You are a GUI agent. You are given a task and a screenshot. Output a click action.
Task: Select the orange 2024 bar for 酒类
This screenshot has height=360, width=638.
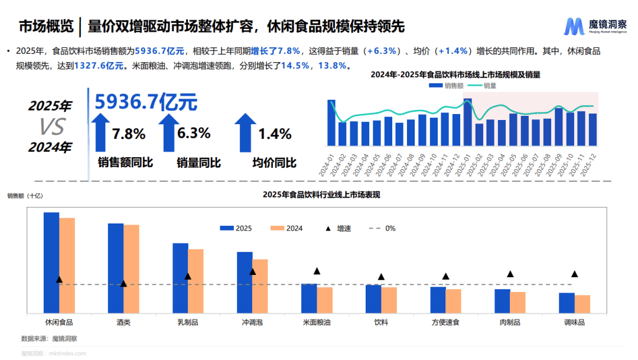point(131,268)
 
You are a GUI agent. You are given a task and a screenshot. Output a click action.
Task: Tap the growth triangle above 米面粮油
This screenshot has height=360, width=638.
point(317,271)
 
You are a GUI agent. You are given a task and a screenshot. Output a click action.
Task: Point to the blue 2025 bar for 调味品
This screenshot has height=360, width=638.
point(567,303)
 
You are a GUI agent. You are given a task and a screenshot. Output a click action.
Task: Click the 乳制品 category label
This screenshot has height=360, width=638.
point(187,323)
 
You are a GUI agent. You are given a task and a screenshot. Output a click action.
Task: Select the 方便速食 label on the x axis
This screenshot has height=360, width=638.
point(445,323)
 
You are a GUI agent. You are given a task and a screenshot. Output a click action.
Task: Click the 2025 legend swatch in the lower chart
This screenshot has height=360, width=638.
point(227,228)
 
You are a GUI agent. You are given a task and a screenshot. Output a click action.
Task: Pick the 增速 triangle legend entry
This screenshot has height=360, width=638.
point(328,228)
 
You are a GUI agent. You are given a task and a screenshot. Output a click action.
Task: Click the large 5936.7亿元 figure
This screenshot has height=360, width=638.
point(146,102)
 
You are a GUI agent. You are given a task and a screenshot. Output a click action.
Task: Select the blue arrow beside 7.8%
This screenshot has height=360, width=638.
point(100,133)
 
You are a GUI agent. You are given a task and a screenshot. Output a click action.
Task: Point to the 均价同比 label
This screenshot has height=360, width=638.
point(274,163)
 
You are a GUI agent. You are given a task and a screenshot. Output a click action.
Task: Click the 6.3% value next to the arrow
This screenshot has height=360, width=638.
point(194,133)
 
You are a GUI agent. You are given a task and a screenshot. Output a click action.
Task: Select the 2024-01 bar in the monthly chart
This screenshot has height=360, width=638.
point(331,123)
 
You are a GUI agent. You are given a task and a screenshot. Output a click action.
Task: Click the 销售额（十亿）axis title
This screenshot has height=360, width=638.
point(25,194)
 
